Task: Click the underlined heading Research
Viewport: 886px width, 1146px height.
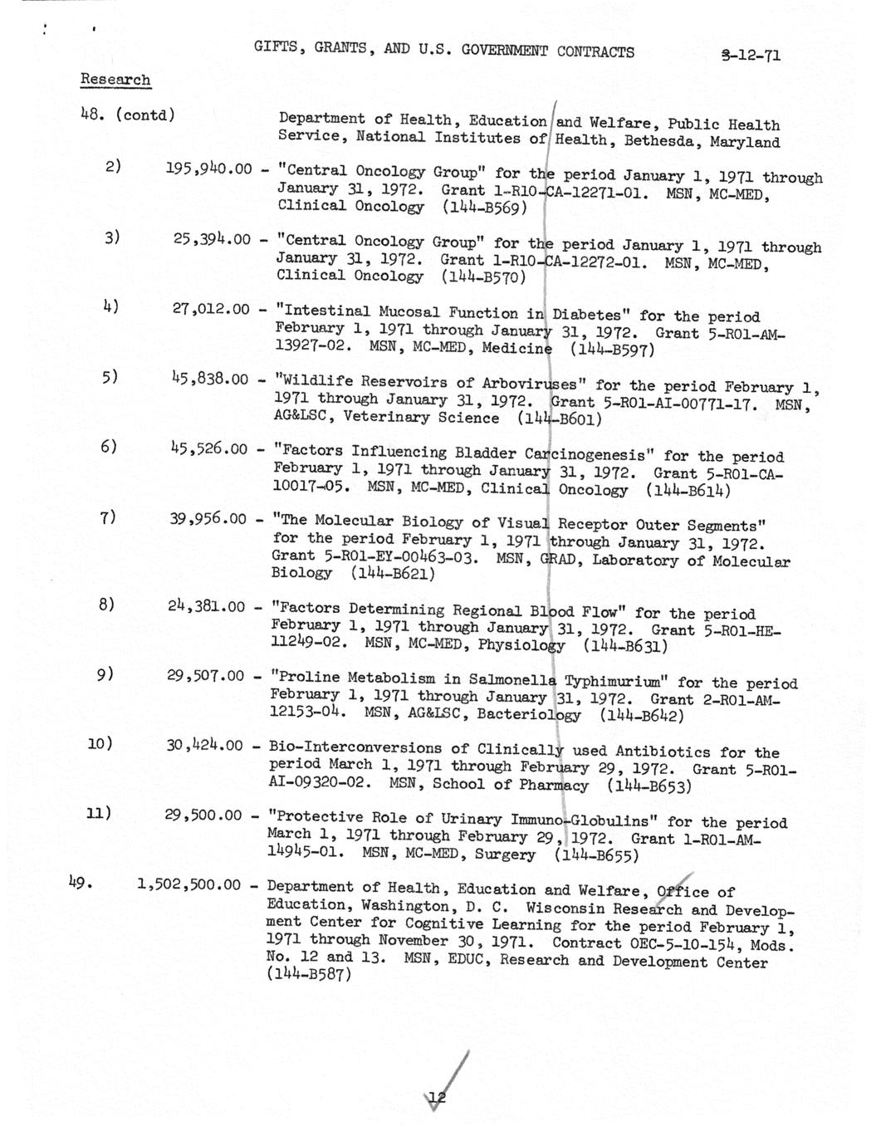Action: (x=115, y=80)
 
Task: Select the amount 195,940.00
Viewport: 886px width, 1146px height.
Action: (x=208, y=169)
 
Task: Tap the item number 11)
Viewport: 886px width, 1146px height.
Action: (x=100, y=812)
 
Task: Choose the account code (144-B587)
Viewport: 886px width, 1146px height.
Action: (x=309, y=975)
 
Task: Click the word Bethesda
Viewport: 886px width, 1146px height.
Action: (x=665, y=141)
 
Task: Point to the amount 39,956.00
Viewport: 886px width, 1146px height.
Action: (x=208, y=518)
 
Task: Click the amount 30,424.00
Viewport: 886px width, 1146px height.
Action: (x=204, y=745)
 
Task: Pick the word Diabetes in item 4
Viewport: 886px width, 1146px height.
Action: (x=586, y=315)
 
